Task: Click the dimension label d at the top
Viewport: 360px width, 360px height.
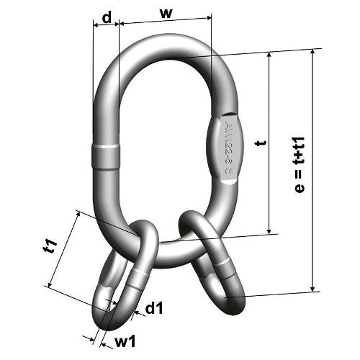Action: [x=106, y=17]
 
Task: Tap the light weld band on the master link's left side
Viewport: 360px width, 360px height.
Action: [x=106, y=156]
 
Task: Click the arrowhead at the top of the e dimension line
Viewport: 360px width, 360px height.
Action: [x=315, y=57]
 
